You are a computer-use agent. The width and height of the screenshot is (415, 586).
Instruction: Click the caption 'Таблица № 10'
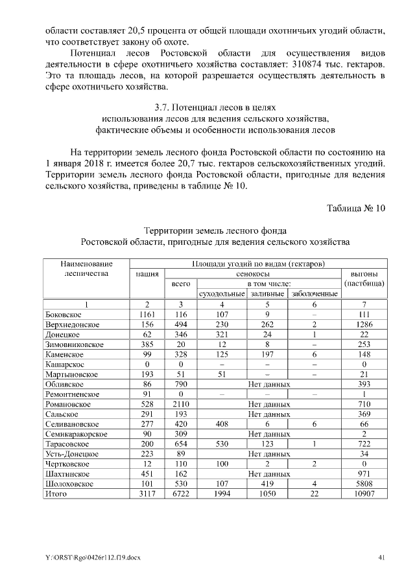(356, 208)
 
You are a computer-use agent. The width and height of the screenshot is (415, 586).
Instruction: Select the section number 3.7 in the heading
(156, 107)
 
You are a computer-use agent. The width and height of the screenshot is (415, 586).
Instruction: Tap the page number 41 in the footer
(381, 558)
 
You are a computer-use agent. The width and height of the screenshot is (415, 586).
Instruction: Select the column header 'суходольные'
(221, 294)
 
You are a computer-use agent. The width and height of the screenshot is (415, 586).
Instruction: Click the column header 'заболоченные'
(314, 294)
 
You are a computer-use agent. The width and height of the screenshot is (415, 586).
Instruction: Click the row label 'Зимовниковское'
(75, 344)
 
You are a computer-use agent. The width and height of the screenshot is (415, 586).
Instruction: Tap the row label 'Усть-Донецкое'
(71, 453)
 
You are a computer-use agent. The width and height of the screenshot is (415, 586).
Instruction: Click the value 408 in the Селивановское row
(221, 423)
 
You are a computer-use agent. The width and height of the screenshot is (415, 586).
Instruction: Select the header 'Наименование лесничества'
(86, 269)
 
